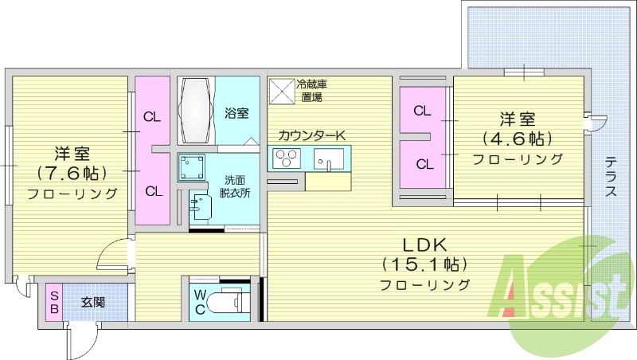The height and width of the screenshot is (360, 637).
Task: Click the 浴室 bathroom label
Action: click(x=235, y=112)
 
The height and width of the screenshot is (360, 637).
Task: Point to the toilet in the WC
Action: click(x=234, y=303)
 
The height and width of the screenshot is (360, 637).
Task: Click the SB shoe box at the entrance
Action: click(x=53, y=303)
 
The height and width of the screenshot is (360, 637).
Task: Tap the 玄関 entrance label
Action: click(x=93, y=303)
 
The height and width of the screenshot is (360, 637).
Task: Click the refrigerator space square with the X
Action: click(x=281, y=91)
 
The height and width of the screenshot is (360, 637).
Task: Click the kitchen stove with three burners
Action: click(x=286, y=159)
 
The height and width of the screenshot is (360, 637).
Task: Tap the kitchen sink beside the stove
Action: click(x=327, y=160)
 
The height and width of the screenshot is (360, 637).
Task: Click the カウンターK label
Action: click(x=311, y=135)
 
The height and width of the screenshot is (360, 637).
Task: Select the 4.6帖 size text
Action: click(x=517, y=139)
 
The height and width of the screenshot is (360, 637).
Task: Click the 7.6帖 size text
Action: click(x=72, y=172)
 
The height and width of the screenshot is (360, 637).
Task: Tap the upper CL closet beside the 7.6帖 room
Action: click(x=152, y=116)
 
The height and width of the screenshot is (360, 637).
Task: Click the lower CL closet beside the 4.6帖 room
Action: click(x=424, y=165)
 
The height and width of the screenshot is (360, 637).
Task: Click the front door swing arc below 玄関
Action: click(x=80, y=341)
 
